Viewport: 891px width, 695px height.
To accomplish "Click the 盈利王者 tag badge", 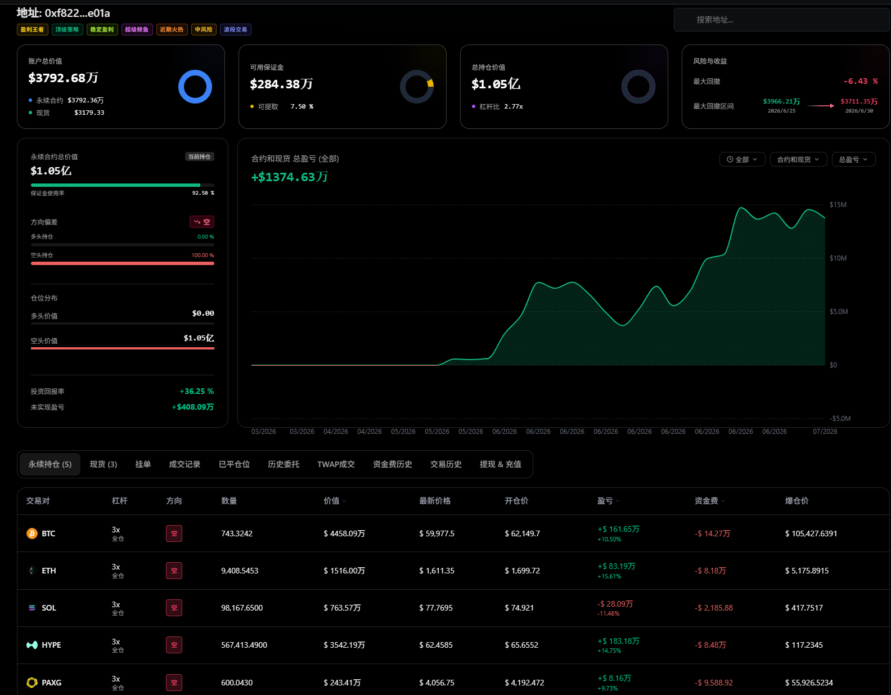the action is click(33, 29).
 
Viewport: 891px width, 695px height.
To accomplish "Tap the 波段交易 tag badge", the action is click(235, 29).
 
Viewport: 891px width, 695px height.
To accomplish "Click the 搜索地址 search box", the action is click(781, 20).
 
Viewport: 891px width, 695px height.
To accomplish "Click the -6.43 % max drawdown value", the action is click(860, 81).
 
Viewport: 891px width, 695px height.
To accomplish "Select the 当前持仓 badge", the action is click(199, 156).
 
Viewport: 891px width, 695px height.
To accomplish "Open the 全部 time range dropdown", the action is click(742, 159).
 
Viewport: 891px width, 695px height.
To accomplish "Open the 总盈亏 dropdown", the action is click(854, 159).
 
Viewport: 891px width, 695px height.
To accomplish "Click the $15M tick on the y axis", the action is click(838, 205).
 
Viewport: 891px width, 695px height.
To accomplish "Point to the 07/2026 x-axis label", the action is click(825, 432).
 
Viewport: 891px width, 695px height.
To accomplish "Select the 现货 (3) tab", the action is click(103, 464).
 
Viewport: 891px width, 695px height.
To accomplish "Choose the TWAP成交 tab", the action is click(336, 464).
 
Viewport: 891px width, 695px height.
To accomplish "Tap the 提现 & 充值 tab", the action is click(500, 464).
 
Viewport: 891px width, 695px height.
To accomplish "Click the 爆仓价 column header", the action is click(796, 501).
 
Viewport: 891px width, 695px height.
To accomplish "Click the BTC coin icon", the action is click(32, 533).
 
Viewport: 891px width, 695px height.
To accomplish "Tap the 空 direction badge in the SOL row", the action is click(174, 608).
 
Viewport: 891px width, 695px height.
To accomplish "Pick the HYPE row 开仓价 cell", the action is click(521, 645).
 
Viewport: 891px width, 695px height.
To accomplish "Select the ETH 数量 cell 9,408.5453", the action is click(240, 571).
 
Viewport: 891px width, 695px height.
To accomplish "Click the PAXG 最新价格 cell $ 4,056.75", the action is click(436, 683).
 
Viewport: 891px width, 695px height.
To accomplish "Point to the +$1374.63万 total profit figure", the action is click(290, 177).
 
